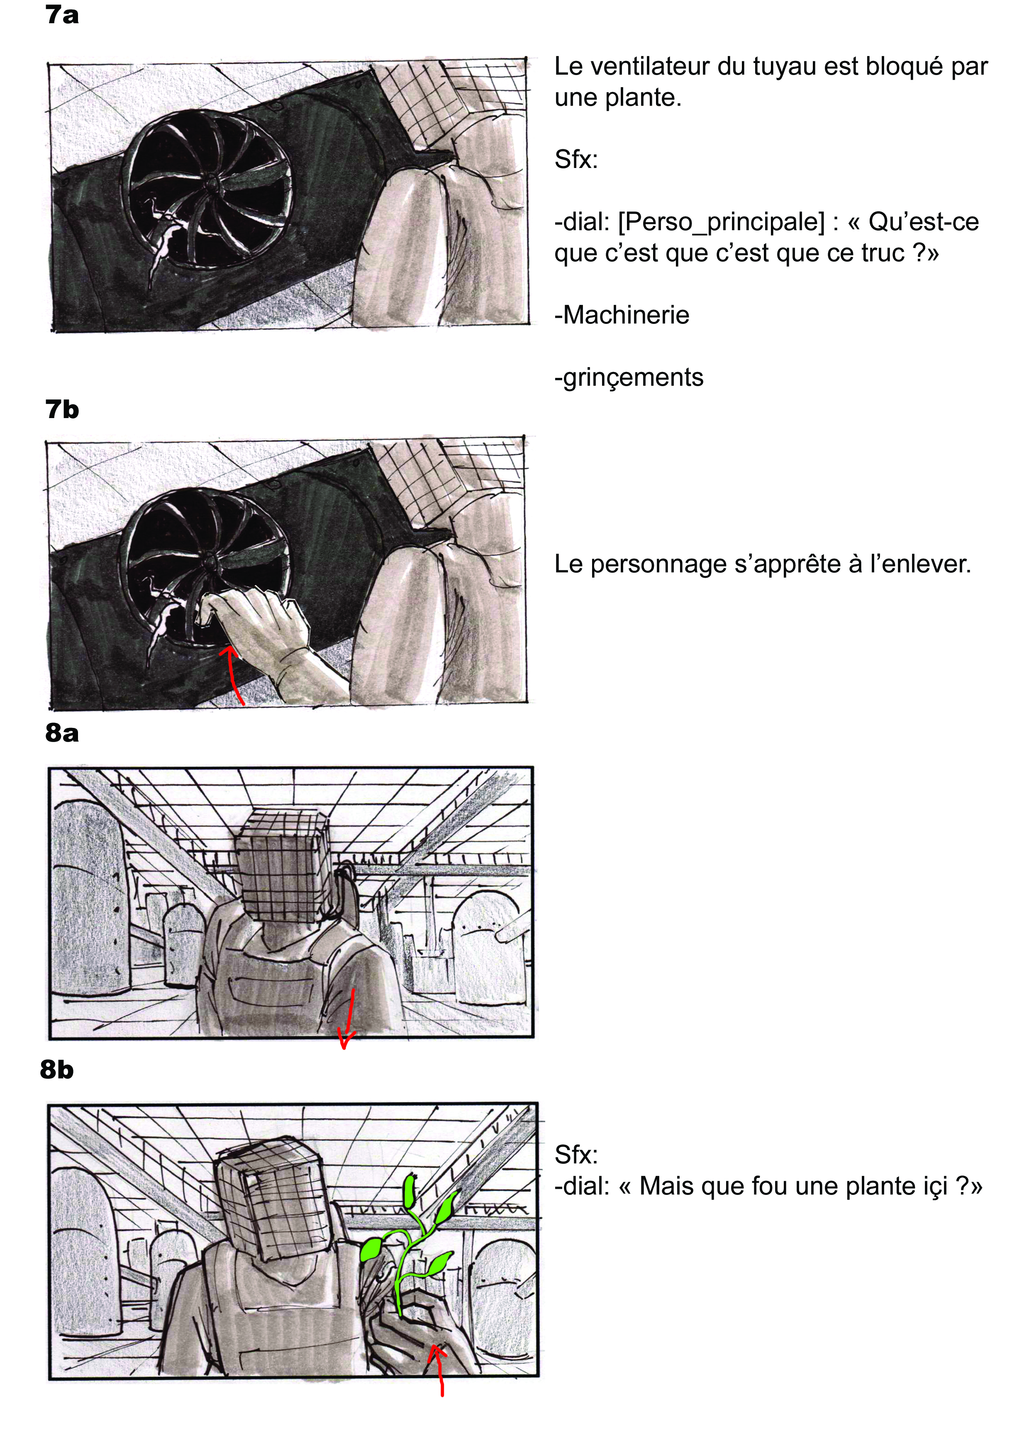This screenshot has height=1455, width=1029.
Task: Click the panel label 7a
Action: coord(62,15)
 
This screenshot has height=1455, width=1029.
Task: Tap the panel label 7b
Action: coord(62,410)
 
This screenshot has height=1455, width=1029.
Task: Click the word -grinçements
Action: coord(629,378)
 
